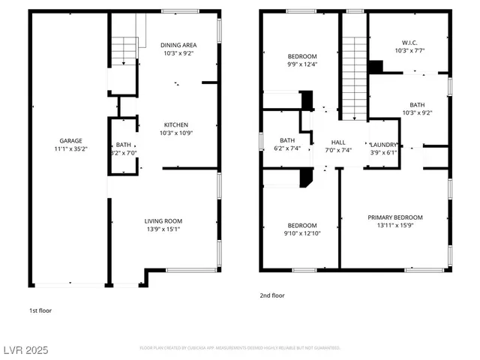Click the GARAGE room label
point(71,140)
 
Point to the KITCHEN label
point(176,124)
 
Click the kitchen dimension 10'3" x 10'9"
point(176,133)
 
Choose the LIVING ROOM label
point(163,220)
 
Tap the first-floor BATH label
point(123,144)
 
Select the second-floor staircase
point(354,75)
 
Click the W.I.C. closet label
point(409,43)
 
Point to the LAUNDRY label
point(383,144)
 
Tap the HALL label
point(339,141)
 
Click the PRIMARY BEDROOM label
point(394,217)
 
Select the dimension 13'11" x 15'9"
point(394,226)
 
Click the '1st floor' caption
point(40,310)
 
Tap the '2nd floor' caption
point(273,295)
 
